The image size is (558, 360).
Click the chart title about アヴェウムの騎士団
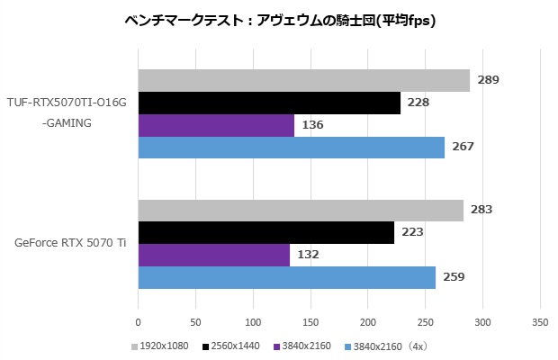click(x=280, y=20)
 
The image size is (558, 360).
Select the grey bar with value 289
click(x=303, y=80)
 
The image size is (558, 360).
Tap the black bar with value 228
click(x=269, y=103)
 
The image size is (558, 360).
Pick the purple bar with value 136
click(x=216, y=125)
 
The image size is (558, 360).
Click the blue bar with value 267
click(x=291, y=147)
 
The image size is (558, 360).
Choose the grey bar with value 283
click(x=301, y=210)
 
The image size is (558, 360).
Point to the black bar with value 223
click(x=265, y=232)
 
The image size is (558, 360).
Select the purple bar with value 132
click(x=213, y=255)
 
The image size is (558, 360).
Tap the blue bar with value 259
click(x=286, y=277)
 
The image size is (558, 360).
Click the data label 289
click(x=488, y=80)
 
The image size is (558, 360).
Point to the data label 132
click(x=309, y=255)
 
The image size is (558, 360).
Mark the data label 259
click(x=453, y=277)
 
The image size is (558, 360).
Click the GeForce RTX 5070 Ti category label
click(x=70, y=243)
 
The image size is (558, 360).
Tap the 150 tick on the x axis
click(x=310, y=321)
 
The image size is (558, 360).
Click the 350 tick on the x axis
click(x=540, y=321)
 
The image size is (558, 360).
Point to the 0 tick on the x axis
click(x=139, y=321)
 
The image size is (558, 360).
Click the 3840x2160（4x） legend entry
click(x=382, y=346)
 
